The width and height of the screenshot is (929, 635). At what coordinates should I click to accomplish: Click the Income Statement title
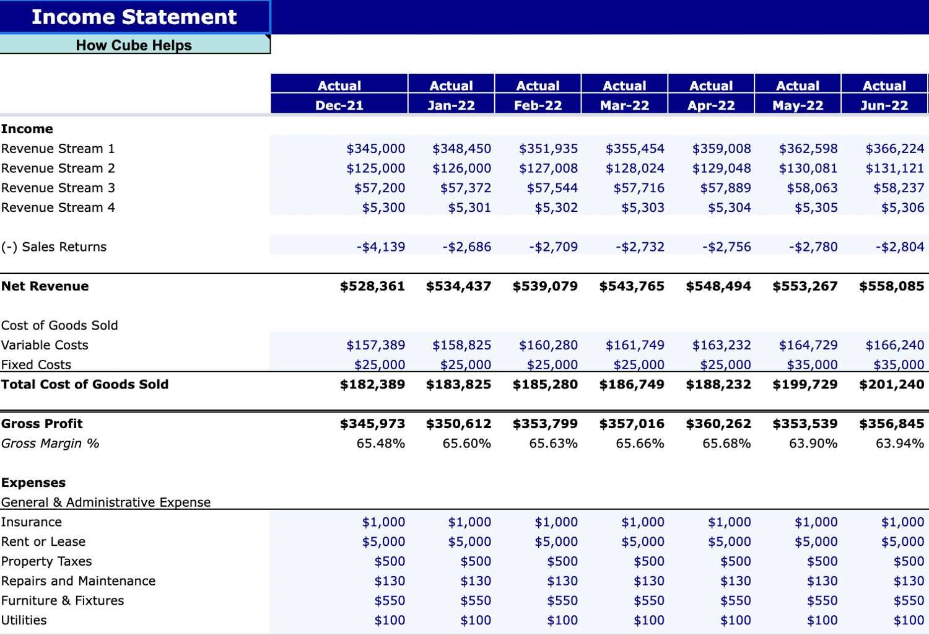click(134, 17)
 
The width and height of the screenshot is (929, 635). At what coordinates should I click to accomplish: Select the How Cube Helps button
click(134, 45)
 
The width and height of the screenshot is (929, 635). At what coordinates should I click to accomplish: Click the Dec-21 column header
click(339, 105)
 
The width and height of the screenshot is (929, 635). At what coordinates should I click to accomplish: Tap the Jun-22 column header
click(884, 105)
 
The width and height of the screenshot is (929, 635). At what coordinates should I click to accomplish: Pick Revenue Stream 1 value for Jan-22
click(461, 149)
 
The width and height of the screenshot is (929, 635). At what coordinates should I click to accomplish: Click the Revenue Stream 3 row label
click(58, 188)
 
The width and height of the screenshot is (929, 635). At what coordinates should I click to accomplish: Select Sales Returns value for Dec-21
click(380, 247)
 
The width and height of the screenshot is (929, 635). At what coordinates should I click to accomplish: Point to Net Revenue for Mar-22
click(632, 286)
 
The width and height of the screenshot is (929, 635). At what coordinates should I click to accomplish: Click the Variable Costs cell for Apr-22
click(722, 345)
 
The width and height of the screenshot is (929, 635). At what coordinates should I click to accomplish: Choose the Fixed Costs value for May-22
click(812, 365)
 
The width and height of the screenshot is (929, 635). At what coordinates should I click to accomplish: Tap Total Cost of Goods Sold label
click(85, 384)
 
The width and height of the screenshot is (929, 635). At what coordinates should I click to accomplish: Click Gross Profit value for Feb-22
click(545, 424)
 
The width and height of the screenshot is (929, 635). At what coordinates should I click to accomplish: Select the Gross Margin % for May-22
click(813, 444)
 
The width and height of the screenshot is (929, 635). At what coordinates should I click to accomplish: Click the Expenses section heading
click(33, 483)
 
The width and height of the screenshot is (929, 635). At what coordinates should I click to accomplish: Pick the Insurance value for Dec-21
click(383, 522)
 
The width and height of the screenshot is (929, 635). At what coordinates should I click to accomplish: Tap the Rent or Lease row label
click(43, 541)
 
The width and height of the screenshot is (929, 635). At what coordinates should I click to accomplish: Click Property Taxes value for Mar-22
click(648, 561)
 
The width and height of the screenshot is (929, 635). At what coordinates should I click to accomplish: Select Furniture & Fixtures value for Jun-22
click(909, 600)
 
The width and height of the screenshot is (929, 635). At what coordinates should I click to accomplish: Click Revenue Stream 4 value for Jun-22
click(902, 208)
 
